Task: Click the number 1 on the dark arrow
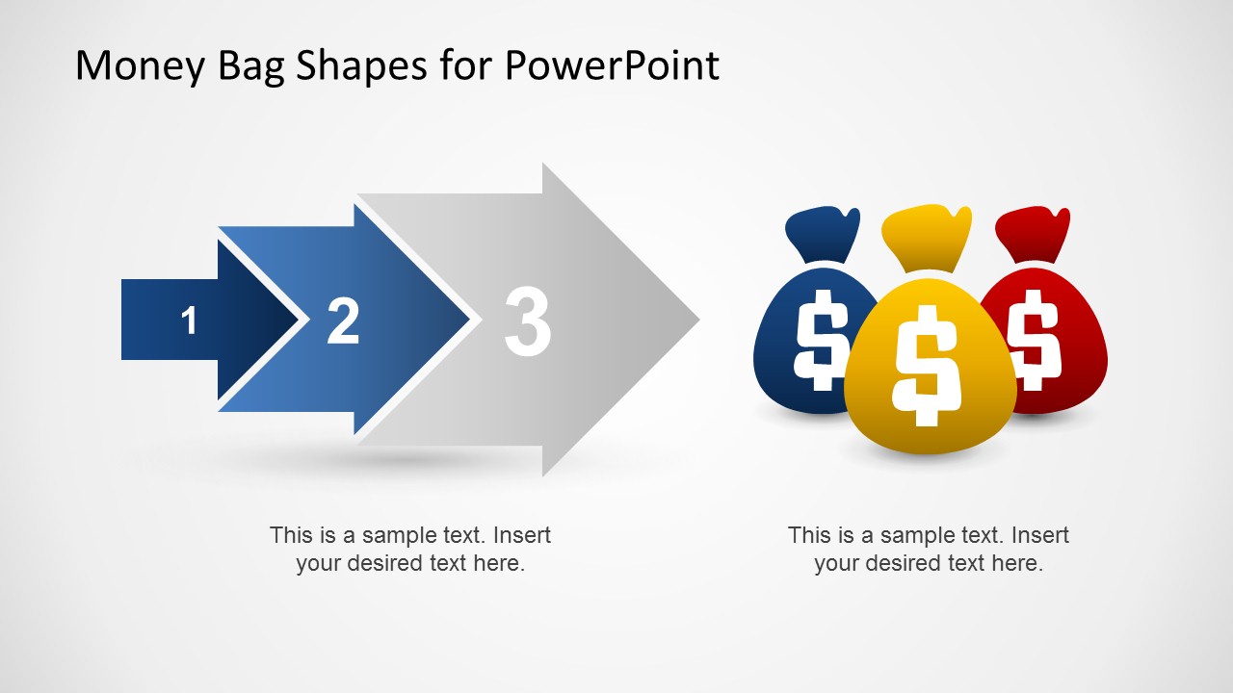[x=189, y=321]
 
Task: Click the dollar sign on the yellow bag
[x=926, y=365]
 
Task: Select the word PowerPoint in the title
[x=612, y=65]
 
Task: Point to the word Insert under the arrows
[x=520, y=535]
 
